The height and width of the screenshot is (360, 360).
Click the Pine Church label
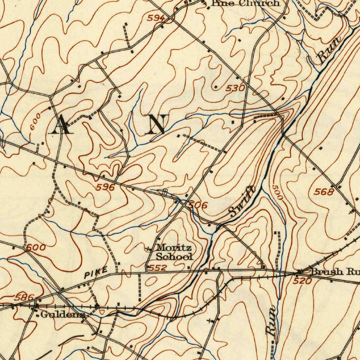coord(246,3)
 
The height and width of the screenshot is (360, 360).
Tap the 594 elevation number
coord(155,18)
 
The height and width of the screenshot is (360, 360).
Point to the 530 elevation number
coord(235,88)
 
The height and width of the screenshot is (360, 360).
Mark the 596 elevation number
coord(105,187)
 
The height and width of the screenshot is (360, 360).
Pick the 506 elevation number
coord(198,205)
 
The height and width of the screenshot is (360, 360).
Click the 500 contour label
coord(277,193)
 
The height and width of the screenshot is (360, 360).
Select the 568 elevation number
coord(324,192)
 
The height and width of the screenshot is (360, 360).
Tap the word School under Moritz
coord(174,257)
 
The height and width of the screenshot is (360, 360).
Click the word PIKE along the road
coord(96,273)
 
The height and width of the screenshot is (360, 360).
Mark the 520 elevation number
coord(302,281)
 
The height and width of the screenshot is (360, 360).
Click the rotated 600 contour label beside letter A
coord(35,122)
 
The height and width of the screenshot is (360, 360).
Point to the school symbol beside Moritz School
coord(148,249)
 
